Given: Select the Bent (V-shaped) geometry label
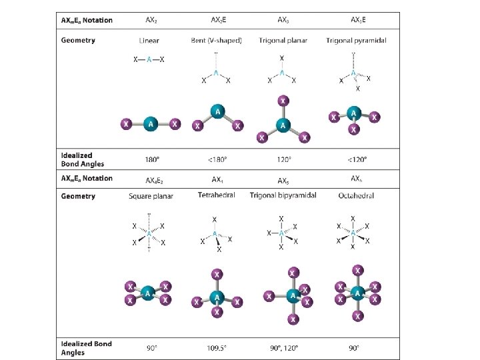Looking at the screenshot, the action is click(x=217, y=41).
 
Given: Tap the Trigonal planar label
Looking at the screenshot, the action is click(x=284, y=41).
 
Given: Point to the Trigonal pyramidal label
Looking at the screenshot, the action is click(x=356, y=41).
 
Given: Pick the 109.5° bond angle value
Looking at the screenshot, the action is click(x=217, y=347).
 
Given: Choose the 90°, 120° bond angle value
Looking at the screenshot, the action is click(x=283, y=347).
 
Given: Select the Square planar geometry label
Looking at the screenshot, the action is click(x=151, y=196).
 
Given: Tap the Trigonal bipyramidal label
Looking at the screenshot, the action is click(x=283, y=195).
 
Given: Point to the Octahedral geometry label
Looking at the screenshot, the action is click(x=356, y=196).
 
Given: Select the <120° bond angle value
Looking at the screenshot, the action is click(x=356, y=160).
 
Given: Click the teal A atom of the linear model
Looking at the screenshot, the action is click(x=150, y=123).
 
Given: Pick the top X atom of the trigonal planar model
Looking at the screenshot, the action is click(x=283, y=101).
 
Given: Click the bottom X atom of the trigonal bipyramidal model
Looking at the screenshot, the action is click(x=292, y=320).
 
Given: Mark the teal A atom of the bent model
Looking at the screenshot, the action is click(x=217, y=112).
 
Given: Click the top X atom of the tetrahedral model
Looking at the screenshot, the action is click(x=216, y=273).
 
